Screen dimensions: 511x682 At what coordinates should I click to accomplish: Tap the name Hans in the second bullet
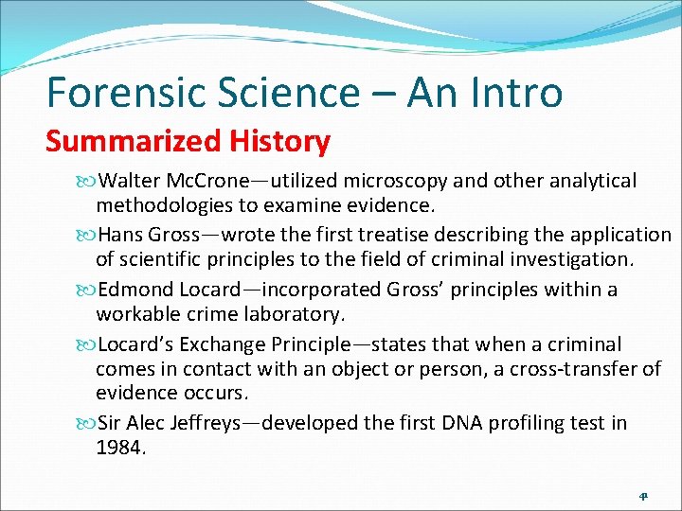[119, 235]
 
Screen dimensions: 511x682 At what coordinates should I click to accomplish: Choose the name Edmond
[136, 290]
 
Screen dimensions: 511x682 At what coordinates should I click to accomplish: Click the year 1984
[119, 447]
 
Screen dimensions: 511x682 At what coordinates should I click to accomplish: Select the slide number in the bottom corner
[643, 495]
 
